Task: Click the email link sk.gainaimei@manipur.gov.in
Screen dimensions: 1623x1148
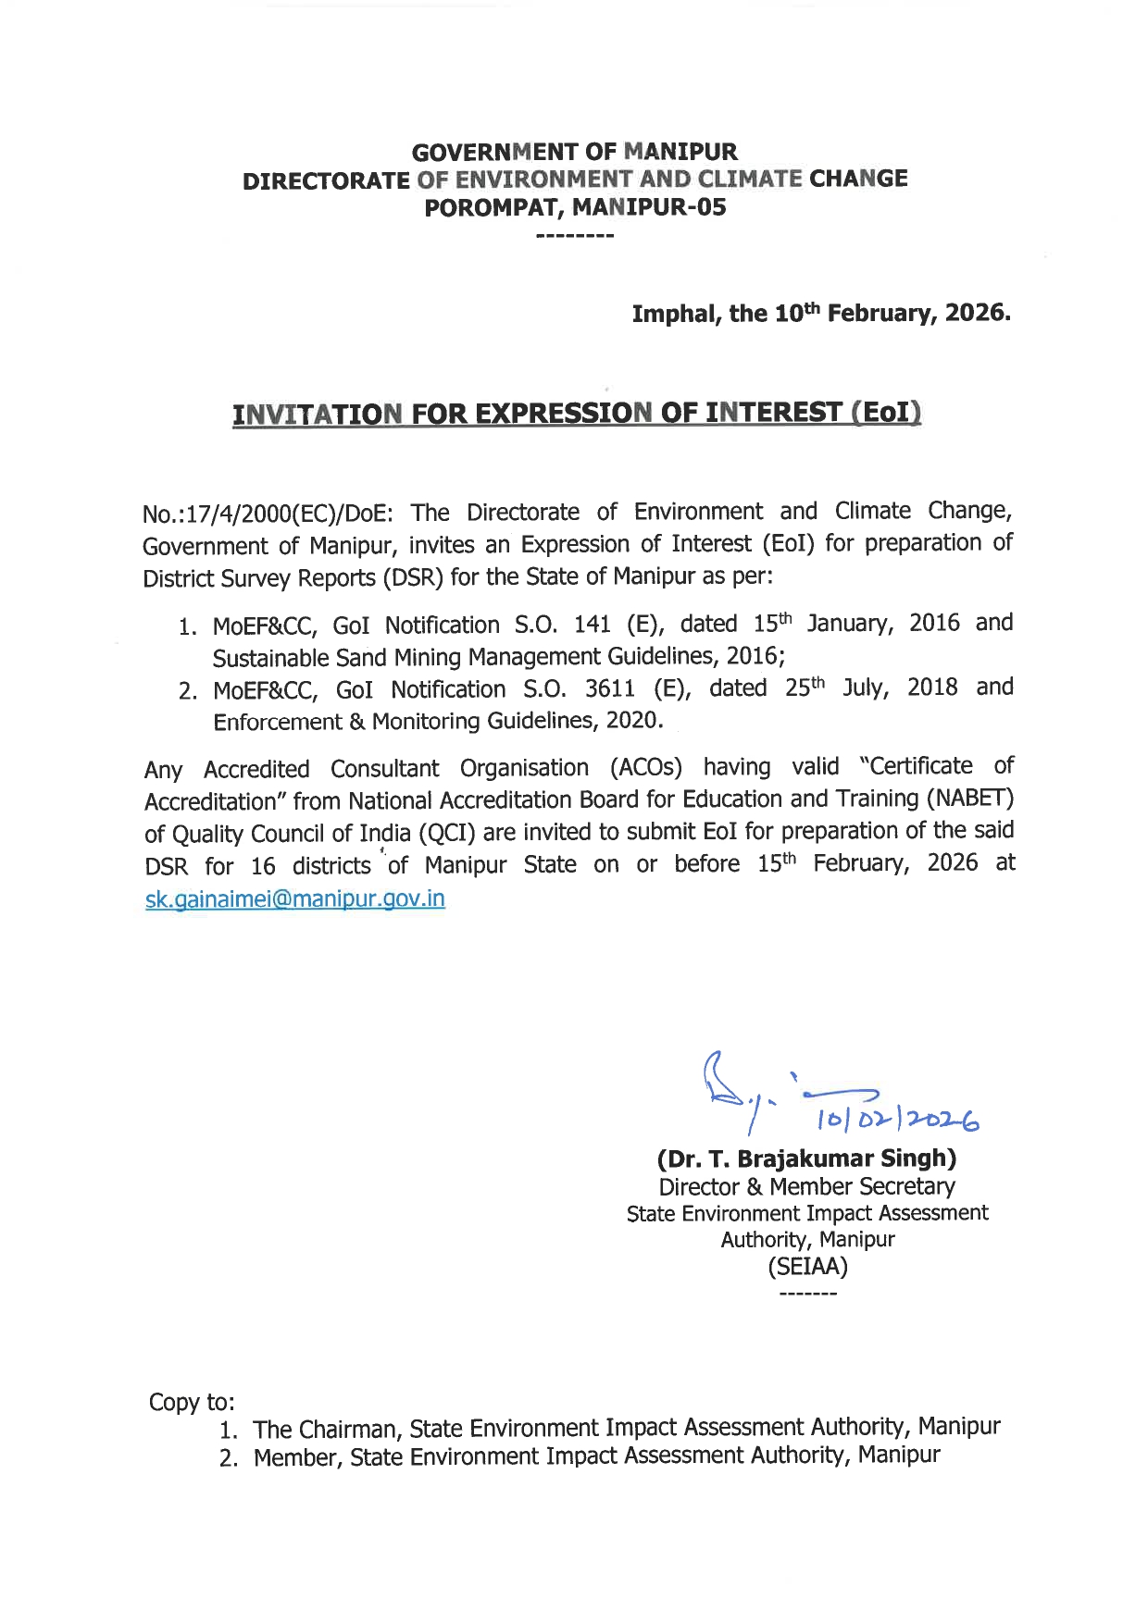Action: tap(295, 898)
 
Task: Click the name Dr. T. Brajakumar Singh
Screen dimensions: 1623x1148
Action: tap(806, 1158)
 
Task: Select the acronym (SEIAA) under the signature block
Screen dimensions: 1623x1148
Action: tap(807, 1266)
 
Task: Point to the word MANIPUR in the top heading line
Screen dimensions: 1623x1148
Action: tap(680, 151)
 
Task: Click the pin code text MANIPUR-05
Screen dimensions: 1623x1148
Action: tap(649, 207)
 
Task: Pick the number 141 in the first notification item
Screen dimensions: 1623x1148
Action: tap(592, 625)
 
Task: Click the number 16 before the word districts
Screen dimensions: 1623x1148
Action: tap(263, 867)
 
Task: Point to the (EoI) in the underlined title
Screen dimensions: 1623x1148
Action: tap(886, 412)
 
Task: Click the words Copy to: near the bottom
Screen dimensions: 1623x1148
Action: tap(192, 1402)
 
